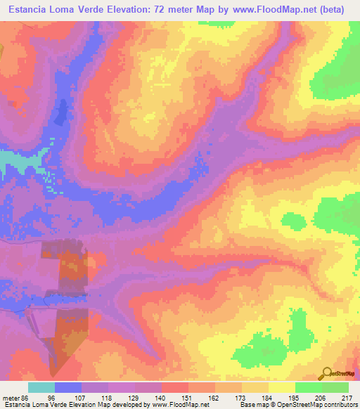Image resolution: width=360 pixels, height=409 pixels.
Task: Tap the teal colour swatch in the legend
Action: (x=41, y=387)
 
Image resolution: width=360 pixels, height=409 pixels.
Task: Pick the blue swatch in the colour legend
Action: (x=68, y=387)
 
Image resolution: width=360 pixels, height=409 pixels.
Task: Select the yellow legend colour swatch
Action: (x=282, y=387)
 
